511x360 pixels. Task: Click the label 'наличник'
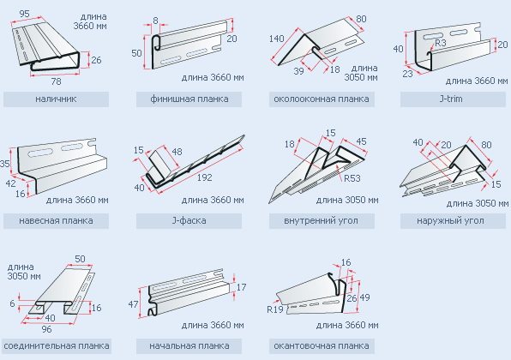pyautogui.click(x=56, y=99)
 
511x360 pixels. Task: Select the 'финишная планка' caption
pyautogui.click(x=189, y=99)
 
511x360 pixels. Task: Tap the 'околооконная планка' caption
pyautogui.click(x=322, y=99)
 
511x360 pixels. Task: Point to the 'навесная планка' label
pyautogui.click(x=56, y=220)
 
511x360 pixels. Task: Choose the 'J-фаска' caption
pyautogui.click(x=189, y=220)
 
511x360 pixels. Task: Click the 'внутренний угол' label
pyautogui.click(x=321, y=220)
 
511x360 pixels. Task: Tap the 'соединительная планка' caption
pyautogui.click(x=57, y=345)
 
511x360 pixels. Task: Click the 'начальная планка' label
pyautogui.click(x=189, y=345)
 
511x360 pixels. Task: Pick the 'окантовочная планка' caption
pyautogui.click(x=322, y=345)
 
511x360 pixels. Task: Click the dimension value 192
pyautogui.click(x=204, y=177)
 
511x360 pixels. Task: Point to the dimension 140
pyautogui.click(x=277, y=39)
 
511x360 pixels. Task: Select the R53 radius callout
pyautogui.click(x=352, y=178)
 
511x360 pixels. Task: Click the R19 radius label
pyautogui.click(x=274, y=309)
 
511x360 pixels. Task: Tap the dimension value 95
pyautogui.click(x=25, y=14)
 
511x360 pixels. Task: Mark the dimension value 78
pyautogui.click(x=56, y=81)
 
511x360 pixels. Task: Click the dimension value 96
pyautogui.click(x=46, y=329)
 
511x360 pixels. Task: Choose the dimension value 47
pyautogui.click(x=133, y=304)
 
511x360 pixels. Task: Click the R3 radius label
pyautogui.click(x=441, y=43)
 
